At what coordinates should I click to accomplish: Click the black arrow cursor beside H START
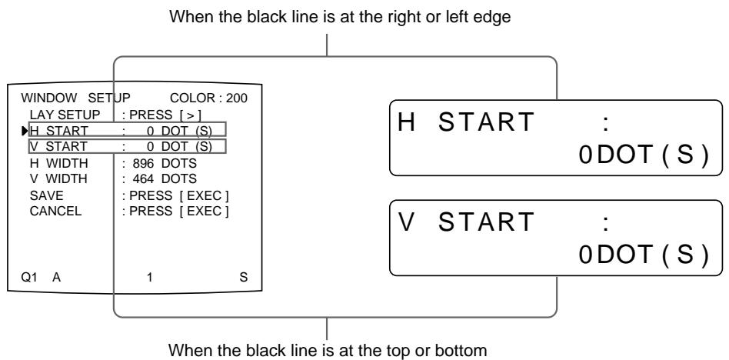pyautogui.click(x=25, y=130)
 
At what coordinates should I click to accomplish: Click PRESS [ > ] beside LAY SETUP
pyautogui.click(x=156, y=115)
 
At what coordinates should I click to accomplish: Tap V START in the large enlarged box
pyautogui.click(x=469, y=224)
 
